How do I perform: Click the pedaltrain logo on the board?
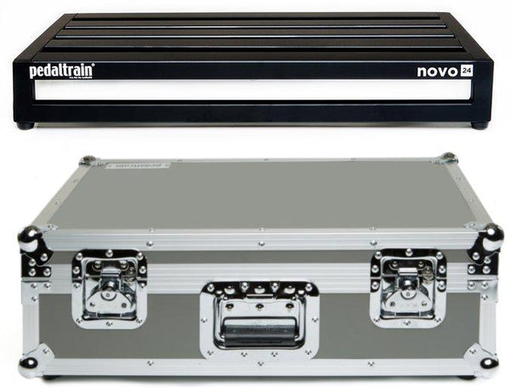click(x=61, y=71)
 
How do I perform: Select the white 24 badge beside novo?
click(x=467, y=71)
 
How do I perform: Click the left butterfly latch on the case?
click(x=110, y=288)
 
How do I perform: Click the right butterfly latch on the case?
click(x=407, y=287)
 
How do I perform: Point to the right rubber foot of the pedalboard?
click(x=479, y=126)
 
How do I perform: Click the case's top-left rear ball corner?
click(x=88, y=160)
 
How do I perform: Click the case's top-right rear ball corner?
click(x=447, y=159)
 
